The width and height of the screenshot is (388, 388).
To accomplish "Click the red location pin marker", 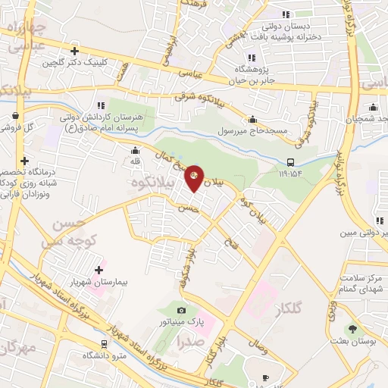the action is tap(194, 177).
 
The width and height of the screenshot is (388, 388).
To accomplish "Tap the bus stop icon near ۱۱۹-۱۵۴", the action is tap(291, 161).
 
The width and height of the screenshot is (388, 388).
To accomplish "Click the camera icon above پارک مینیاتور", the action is tap(180, 310).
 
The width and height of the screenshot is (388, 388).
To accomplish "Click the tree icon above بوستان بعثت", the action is tap(352, 328).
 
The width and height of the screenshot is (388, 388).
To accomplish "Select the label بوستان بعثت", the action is tap(352, 341).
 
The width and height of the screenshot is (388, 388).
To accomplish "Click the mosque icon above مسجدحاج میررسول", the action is tap(252, 120).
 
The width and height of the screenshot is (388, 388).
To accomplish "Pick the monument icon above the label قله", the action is tap(133, 149).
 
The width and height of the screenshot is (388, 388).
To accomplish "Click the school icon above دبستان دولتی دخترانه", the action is tap(286, 14).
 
